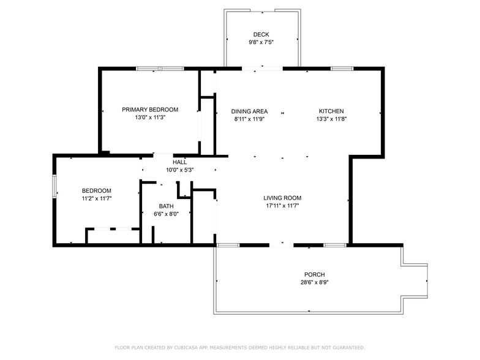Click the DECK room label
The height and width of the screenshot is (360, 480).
point(261,34)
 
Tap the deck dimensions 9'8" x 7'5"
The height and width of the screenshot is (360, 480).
point(261,42)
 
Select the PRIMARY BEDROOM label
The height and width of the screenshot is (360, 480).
point(150,110)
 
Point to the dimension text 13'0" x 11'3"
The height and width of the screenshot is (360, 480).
point(150,118)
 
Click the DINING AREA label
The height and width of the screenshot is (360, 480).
point(249,111)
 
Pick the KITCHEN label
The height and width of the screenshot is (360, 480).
point(331,111)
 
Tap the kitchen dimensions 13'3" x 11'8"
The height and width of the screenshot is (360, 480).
point(331,119)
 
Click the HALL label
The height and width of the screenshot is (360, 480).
point(179,162)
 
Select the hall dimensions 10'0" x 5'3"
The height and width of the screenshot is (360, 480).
point(179,170)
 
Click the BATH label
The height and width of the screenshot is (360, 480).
point(166,206)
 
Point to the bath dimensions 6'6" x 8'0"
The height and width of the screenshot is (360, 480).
point(166,214)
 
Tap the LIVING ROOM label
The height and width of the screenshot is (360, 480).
point(282,198)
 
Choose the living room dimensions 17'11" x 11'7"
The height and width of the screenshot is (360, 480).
point(282,206)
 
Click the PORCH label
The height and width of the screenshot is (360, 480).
point(315,274)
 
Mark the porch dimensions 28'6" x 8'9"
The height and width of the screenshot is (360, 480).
point(315,282)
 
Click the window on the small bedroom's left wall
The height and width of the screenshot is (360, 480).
point(54,186)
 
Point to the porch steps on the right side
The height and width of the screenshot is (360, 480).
point(414,280)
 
